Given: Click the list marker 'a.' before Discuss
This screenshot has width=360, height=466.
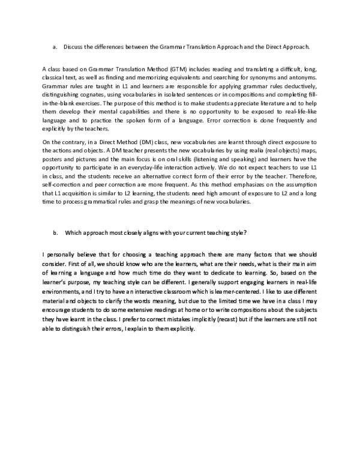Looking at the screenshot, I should [55, 46].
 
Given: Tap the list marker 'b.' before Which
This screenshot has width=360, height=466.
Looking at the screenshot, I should [55, 232].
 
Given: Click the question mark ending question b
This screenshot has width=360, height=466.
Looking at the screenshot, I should [247, 232].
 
